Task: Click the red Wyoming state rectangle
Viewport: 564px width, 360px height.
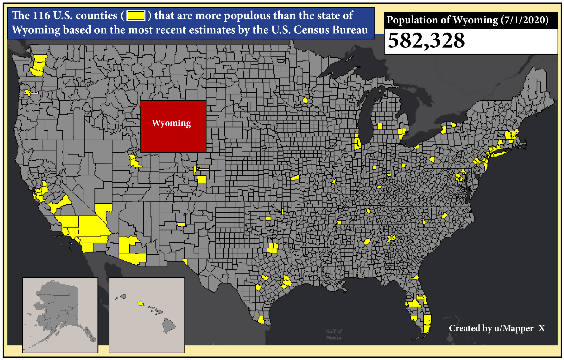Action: pos(173,138)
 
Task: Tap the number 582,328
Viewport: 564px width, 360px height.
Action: pos(426,41)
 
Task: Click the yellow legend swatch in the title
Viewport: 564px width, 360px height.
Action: pos(136,16)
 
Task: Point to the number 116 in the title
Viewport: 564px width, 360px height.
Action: pos(42,16)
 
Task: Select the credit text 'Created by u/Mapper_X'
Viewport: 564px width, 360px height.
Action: pos(497,328)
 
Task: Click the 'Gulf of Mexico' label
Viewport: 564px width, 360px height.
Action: pos(334,334)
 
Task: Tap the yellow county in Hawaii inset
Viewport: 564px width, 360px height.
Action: pos(141,304)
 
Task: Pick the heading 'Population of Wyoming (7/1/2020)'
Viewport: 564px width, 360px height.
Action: pos(467,20)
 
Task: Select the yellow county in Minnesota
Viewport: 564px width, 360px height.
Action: pos(305,100)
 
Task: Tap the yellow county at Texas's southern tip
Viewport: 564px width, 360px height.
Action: pos(261,320)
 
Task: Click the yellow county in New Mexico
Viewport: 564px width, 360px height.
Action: pos(181,224)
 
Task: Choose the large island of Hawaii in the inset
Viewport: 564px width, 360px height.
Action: pos(168,325)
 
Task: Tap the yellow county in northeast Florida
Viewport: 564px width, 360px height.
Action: pos(416,277)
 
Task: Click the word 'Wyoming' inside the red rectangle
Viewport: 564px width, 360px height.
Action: pos(171,123)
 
